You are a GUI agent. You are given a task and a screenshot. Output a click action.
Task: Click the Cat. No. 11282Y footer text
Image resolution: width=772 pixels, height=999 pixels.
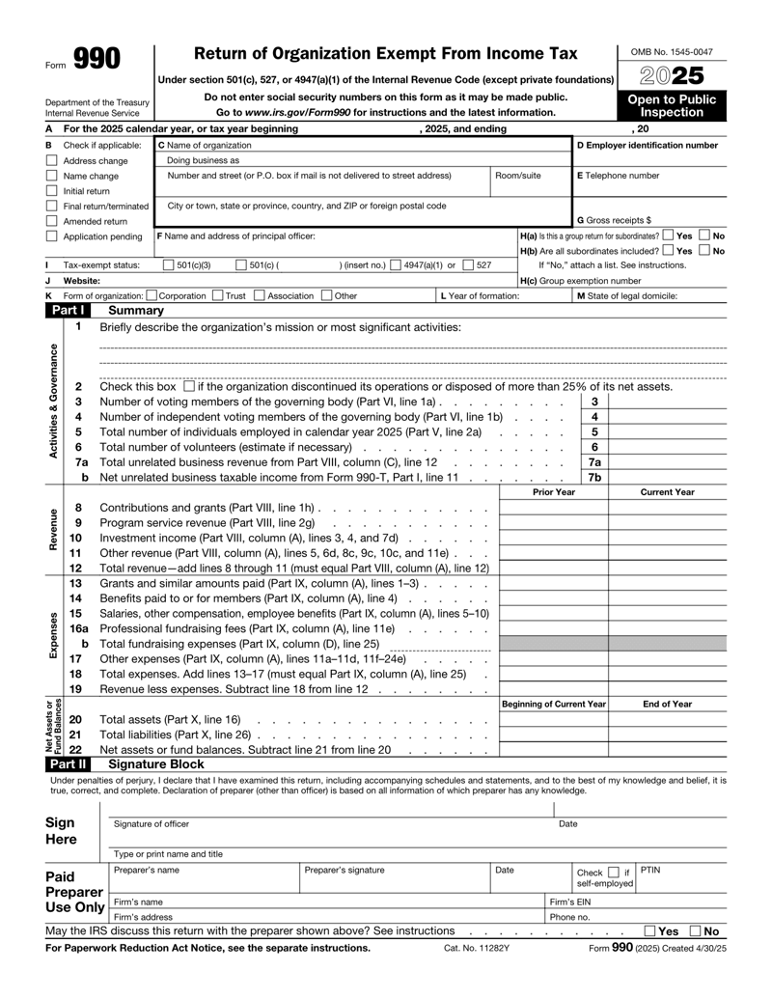(471, 975)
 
